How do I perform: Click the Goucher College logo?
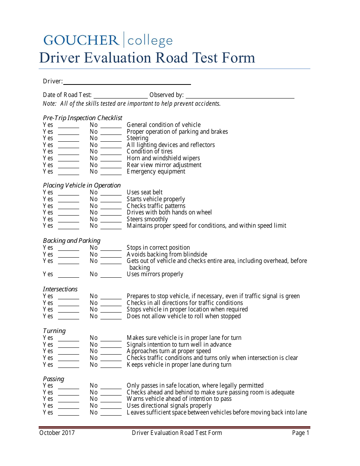(108, 40)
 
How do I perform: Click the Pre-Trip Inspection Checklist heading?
(83, 118)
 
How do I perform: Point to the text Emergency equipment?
(156, 171)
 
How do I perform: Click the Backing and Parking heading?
(72, 241)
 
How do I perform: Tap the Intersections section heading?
(60, 289)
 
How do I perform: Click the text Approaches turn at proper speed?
(169, 351)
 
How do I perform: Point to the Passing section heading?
(53, 379)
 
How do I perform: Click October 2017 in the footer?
(57, 433)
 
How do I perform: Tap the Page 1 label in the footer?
(301, 433)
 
